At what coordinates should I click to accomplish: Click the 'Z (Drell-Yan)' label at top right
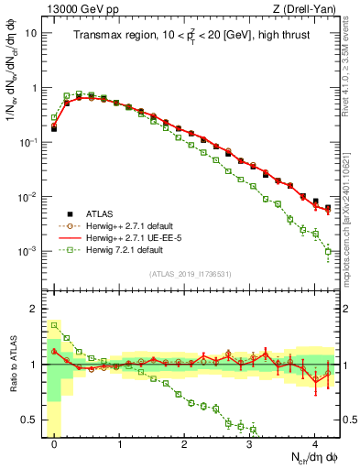tap(308, 8)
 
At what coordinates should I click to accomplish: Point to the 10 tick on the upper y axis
tap(31, 34)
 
